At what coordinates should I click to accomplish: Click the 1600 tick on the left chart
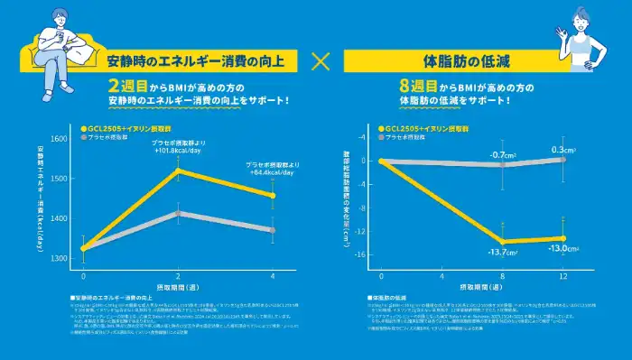coord(60,139)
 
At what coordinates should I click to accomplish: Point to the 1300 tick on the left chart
coord(60,259)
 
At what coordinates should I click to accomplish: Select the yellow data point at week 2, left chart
coord(178,170)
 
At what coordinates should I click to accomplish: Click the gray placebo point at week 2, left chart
coord(178,214)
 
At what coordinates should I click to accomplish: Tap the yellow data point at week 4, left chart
coord(273,195)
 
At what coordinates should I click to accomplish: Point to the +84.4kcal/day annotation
coord(272,171)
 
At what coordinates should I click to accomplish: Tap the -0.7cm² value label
coord(502,154)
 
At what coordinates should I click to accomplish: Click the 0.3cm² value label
coord(563,149)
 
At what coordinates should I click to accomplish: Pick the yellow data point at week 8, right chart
coord(502,241)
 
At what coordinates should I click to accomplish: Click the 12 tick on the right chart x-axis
coord(563,273)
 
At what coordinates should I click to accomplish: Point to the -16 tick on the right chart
coord(361,255)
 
